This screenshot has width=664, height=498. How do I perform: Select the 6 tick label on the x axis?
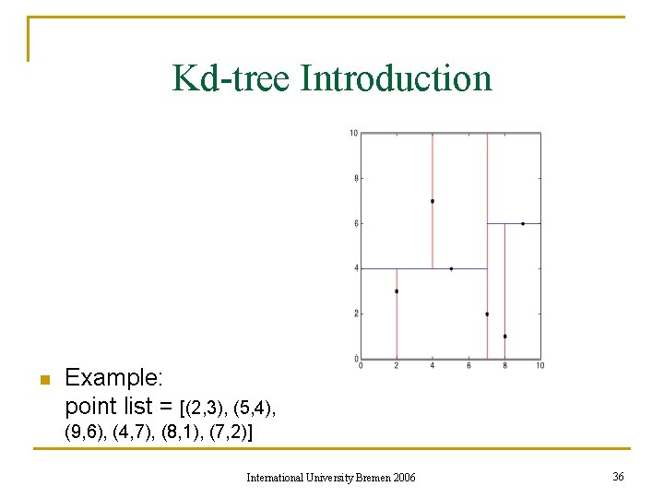coord(468,366)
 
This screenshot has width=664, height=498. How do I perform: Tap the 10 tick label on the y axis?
coord(353,134)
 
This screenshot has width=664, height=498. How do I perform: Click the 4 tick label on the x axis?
coord(433,366)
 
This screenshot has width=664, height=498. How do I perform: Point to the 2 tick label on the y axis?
coord(355,314)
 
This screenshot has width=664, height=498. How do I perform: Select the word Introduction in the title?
coord(397,78)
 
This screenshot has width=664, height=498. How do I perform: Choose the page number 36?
coord(617,476)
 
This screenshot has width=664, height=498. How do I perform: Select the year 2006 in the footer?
coord(404,477)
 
